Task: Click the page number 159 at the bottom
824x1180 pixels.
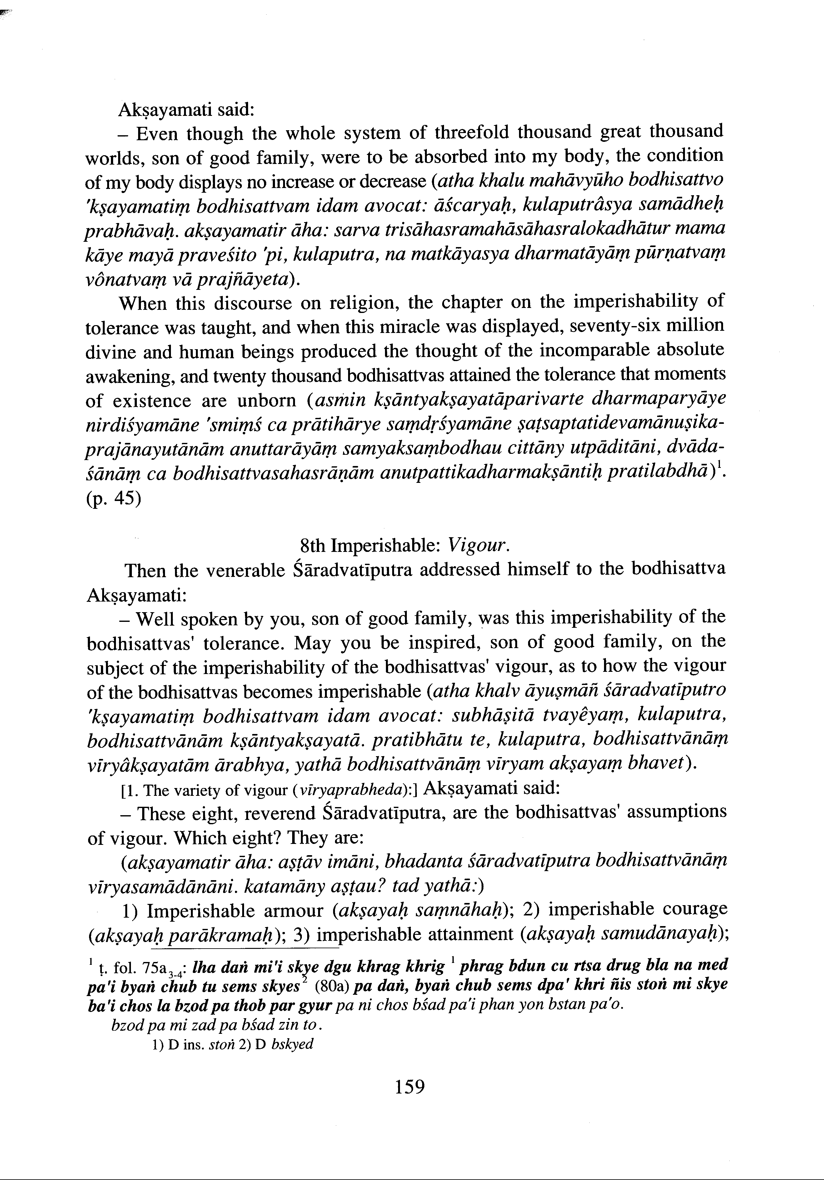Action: pos(410,1087)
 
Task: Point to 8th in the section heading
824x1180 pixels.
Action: pos(311,546)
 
